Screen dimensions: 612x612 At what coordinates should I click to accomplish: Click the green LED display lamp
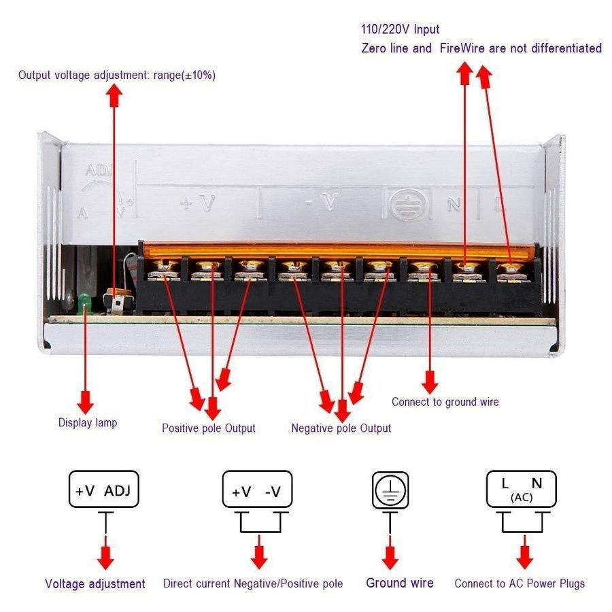tap(84, 300)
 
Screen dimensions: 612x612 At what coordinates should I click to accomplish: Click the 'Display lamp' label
tap(88, 423)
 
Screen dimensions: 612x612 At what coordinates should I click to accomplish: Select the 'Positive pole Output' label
tap(209, 428)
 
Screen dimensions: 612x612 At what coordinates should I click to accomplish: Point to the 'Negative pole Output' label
tap(341, 428)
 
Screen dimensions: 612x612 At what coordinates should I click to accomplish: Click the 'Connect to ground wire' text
tap(445, 402)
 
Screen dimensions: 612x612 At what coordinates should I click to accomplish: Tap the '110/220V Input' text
tap(400, 29)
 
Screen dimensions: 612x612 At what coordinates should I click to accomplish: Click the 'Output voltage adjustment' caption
tap(117, 75)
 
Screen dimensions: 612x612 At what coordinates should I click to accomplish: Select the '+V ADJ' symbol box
tap(104, 490)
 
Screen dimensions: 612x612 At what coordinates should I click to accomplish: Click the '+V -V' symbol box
tap(257, 491)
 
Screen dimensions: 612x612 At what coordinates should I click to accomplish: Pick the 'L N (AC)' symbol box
tap(522, 489)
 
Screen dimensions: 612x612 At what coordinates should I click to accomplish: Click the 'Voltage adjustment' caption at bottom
tap(95, 583)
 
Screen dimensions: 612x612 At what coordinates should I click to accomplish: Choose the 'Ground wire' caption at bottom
tap(400, 583)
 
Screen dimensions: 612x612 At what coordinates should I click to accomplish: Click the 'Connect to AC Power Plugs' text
tap(520, 583)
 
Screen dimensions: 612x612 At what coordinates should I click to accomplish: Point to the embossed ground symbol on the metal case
tap(406, 203)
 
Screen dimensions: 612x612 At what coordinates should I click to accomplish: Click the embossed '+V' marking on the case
tap(198, 203)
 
